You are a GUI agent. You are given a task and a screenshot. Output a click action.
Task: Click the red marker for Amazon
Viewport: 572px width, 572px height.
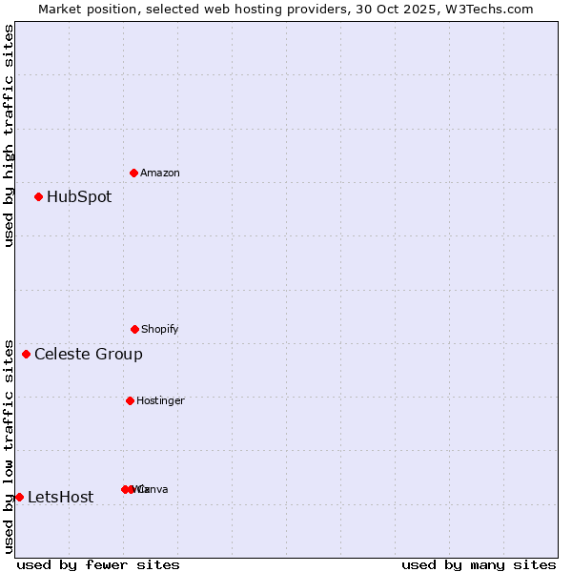[x=134, y=173]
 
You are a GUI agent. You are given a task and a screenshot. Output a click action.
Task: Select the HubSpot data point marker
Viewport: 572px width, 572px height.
[x=39, y=197]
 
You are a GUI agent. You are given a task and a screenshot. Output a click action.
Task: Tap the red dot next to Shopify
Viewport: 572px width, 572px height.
[x=134, y=329]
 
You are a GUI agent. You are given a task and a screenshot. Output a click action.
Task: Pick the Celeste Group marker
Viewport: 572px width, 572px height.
[x=27, y=355]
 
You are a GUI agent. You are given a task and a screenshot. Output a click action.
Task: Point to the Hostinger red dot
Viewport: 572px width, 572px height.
[x=130, y=400]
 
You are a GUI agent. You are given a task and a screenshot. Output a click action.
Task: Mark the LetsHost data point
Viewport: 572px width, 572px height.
[x=19, y=497]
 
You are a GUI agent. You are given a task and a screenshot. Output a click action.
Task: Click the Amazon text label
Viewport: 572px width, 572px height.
[x=160, y=173]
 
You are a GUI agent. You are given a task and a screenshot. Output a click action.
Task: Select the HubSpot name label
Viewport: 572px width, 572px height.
[x=79, y=197]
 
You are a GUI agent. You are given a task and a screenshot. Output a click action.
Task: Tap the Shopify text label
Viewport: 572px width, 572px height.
[x=160, y=329]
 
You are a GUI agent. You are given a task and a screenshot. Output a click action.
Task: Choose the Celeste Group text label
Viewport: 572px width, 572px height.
[x=89, y=355]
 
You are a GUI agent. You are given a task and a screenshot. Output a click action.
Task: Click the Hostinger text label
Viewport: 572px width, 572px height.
[x=160, y=400]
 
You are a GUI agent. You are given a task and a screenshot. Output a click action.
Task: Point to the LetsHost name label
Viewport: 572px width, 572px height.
[x=61, y=497]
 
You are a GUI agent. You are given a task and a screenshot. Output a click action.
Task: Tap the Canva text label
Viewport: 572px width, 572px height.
[x=153, y=489]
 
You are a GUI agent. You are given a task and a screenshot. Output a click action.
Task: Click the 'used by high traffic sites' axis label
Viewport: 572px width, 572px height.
[x=9, y=135]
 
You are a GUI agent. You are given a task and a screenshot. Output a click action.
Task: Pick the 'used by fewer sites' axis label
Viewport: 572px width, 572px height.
[x=98, y=564]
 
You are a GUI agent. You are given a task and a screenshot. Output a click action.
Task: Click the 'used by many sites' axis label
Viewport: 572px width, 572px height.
[x=479, y=564]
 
